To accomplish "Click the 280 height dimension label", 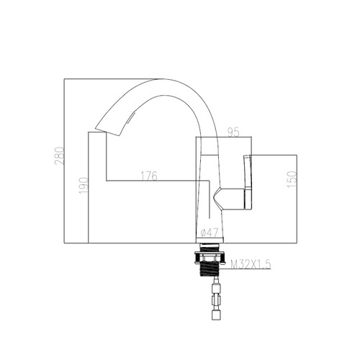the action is pyautogui.click(x=59, y=156).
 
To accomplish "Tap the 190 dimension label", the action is pyautogui.click(x=84, y=185).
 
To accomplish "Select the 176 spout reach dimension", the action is pyautogui.click(x=149, y=176).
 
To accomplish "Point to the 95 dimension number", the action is pyautogui.click(x=233, y=132).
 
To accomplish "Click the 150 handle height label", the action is pyautogui.click(x=292, y=179).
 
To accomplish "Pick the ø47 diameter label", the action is pyautogui.click(x=210, y=233).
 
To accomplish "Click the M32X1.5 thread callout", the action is pyautogui.click(x=251, y=264).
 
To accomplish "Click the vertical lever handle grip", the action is pyautogui.click(x=248, y=181).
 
